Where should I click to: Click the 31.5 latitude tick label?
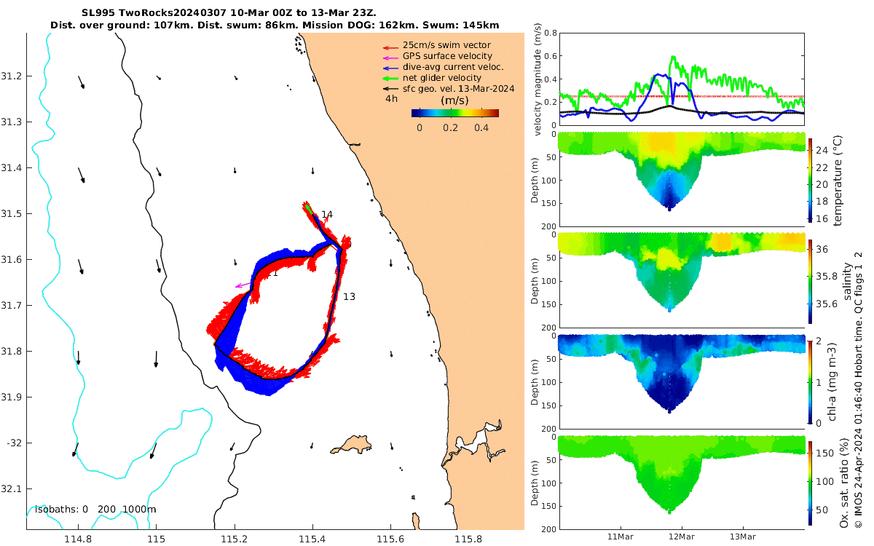coord(12,213)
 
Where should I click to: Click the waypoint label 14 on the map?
coord(327,214)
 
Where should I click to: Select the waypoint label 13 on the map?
coord(349,296)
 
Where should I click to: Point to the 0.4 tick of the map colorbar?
coord(481,127)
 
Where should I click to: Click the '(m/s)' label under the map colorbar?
coord(455,100)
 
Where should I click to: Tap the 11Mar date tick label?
coord(620,537)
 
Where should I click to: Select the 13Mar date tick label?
coord(743,537)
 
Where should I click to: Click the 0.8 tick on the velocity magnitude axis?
coord(551,33)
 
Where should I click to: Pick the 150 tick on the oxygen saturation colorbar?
coord(824,453)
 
